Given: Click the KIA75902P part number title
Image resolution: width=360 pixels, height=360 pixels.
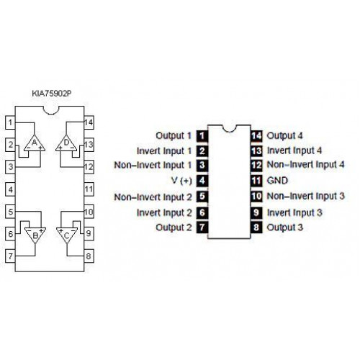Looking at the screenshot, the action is pos(52,94).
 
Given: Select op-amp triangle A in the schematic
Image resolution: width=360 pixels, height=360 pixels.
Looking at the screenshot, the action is pos(35,144).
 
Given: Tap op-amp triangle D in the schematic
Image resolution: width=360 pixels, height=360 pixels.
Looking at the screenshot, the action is pos(66,144).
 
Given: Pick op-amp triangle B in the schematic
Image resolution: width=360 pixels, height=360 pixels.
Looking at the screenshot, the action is pos(35,235).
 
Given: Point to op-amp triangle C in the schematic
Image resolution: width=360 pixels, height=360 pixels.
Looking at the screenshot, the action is pos(67,235).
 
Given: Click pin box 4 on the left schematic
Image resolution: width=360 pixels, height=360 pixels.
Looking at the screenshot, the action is pos(10,189).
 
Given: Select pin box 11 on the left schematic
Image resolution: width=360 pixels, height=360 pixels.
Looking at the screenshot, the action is pos(89,189).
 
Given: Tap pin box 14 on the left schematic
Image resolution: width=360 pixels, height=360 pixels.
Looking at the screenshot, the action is pos(89,122).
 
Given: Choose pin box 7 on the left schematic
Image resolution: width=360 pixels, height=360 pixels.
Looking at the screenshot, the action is pos(10,256).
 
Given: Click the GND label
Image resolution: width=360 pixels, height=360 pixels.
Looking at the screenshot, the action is pos(277,181).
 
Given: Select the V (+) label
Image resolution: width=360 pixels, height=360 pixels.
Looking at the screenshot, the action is pos(182,181).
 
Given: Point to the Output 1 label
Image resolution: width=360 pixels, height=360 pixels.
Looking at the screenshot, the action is pos(174,136).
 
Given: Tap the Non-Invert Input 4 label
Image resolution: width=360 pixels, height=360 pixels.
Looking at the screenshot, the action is pos(306,165).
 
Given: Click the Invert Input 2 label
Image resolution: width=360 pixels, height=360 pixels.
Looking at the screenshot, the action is pos(164,213).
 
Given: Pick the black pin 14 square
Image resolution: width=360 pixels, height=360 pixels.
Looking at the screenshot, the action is pos(256,136).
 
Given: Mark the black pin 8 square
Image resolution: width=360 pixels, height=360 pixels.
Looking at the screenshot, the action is pos(256,228).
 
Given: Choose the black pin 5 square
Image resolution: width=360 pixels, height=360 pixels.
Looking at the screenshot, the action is pos(202,197).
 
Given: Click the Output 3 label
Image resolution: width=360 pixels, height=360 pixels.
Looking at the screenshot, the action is pos(285,228).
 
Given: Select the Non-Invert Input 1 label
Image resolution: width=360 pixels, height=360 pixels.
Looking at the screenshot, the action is pos(153,166).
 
